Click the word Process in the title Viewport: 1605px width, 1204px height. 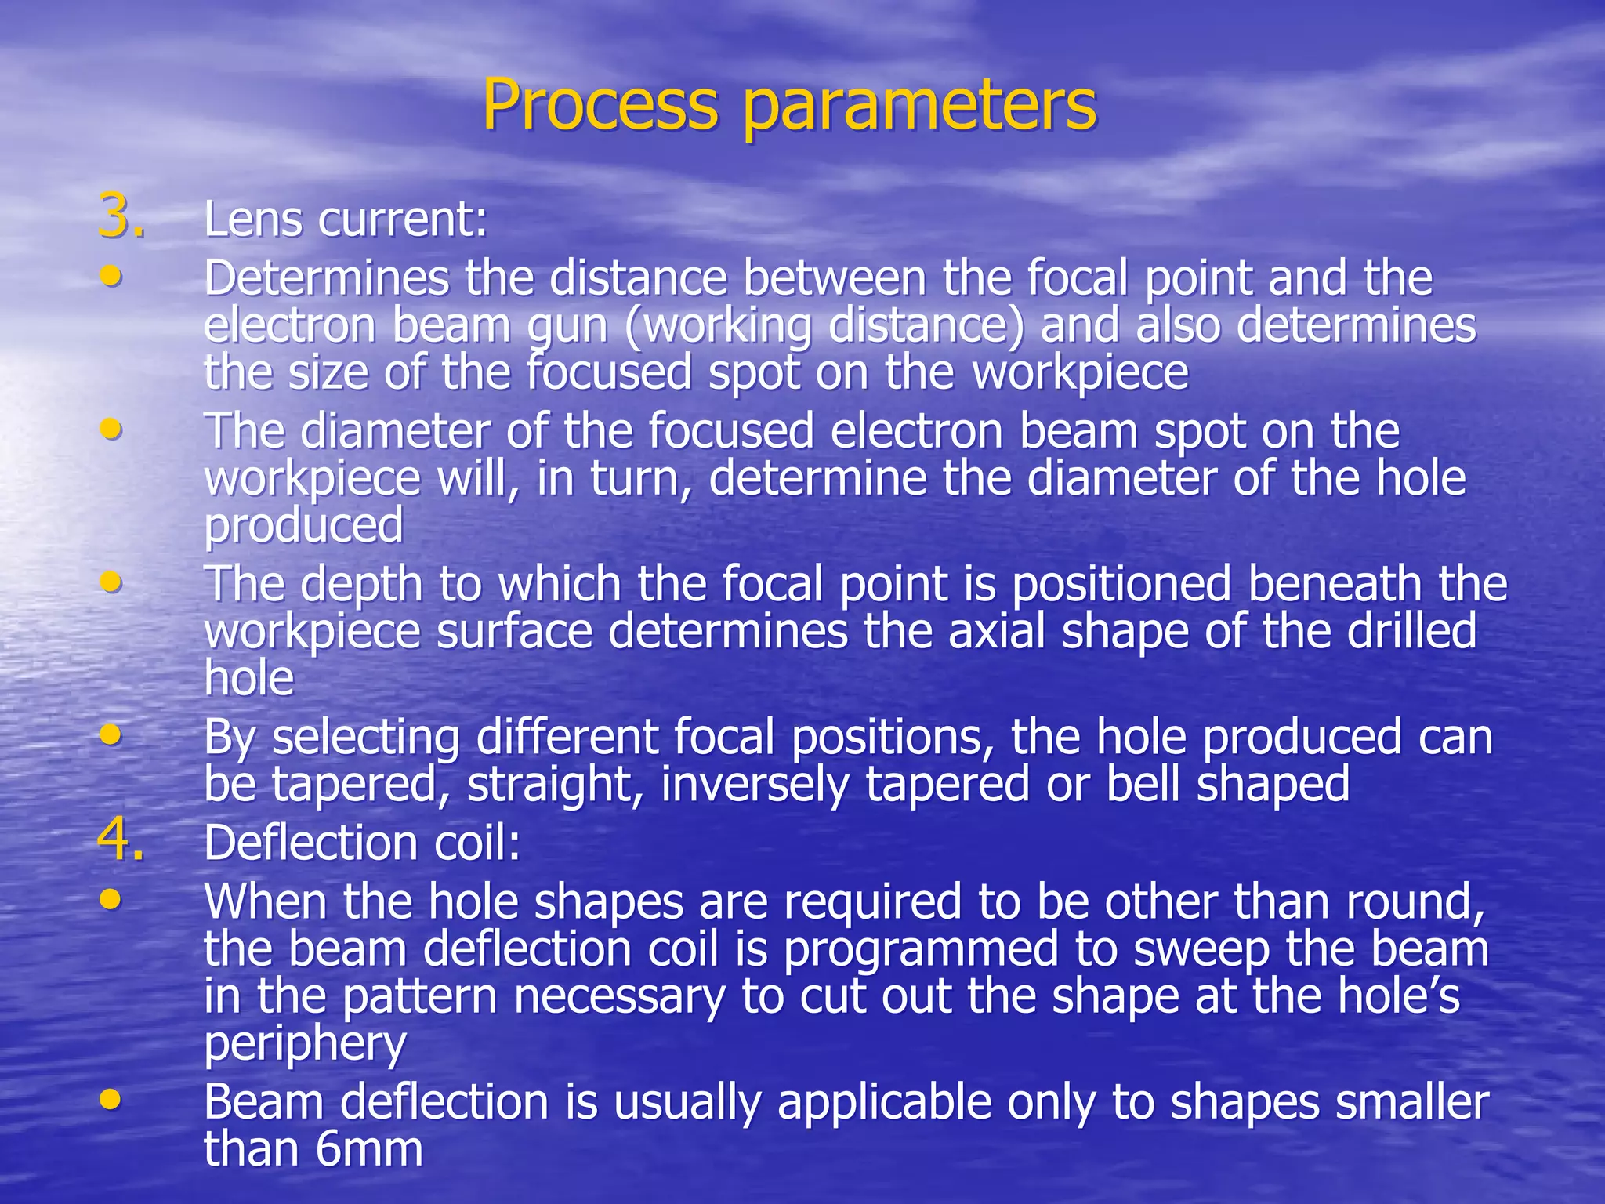click(600, 106)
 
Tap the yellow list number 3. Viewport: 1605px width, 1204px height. click(121, 217)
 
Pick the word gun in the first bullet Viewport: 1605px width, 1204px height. click(567, 327)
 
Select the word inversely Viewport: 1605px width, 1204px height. click(755, 785)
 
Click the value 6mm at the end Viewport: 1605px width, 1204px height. click(369, 1150)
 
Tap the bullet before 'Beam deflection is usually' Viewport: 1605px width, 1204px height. click(111, 1099)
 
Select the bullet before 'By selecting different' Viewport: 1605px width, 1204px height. click(111, 734)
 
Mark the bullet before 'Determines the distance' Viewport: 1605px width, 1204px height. click(111, 275)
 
